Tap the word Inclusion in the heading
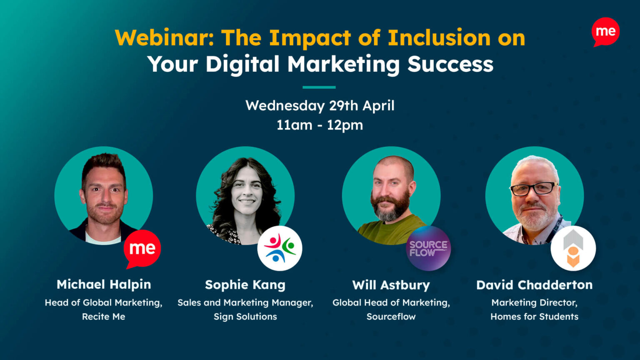tap(439, 38)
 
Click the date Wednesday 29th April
tap(320, 105)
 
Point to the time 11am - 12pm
tap(320, 125)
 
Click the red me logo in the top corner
tap(605, 32)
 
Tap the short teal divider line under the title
tap(319, 87)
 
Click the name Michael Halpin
tap(104, 285)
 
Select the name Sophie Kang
tap(245, 285)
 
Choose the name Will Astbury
tap(391, 285)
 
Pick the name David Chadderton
tap(534, 285)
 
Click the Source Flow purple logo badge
tap(428, 249)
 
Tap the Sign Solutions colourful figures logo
tap(280, 248)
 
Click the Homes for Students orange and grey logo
tap(573, 248)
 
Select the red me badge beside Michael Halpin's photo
tap(142, 249)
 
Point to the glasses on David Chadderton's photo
tap(533, 189)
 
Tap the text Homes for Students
tap(534, 317)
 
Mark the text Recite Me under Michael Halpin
tap(103, 317)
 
